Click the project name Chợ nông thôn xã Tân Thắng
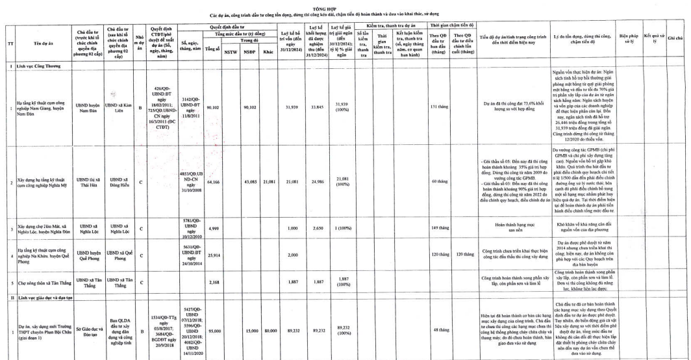41,283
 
